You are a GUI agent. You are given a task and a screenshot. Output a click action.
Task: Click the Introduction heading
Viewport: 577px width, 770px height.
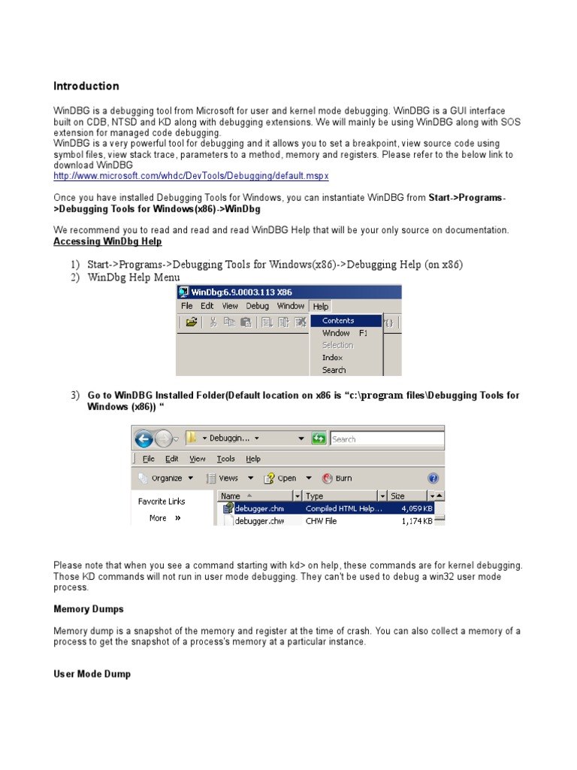click(86, 86)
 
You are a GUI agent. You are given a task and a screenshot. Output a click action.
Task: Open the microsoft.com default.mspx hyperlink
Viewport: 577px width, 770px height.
click(191, 176)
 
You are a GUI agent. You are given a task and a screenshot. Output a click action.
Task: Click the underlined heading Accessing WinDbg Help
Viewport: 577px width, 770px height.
click(107, 241)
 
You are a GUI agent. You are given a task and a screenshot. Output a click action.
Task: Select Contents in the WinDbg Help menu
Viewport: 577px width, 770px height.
click(338, 320)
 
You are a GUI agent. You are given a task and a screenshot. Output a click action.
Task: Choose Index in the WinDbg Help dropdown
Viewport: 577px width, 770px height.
click(332, 358)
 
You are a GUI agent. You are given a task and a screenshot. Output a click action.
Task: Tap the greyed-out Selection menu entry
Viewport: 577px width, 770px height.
click(337, 345)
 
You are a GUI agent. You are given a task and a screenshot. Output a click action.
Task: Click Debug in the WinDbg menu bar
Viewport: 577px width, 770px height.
click(257, 306)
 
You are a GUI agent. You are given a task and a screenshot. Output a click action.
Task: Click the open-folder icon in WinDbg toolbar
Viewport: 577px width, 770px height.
click(192, 323)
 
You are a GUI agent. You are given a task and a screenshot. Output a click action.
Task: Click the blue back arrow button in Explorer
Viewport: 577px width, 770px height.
click(144, 438)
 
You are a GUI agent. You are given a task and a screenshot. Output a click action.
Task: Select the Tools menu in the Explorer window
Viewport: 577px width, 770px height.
click(225, 459)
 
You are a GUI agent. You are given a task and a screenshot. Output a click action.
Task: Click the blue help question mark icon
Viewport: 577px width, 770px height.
click(433, 478)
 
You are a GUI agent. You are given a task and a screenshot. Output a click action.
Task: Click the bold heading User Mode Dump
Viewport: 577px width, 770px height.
click(92, 675)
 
